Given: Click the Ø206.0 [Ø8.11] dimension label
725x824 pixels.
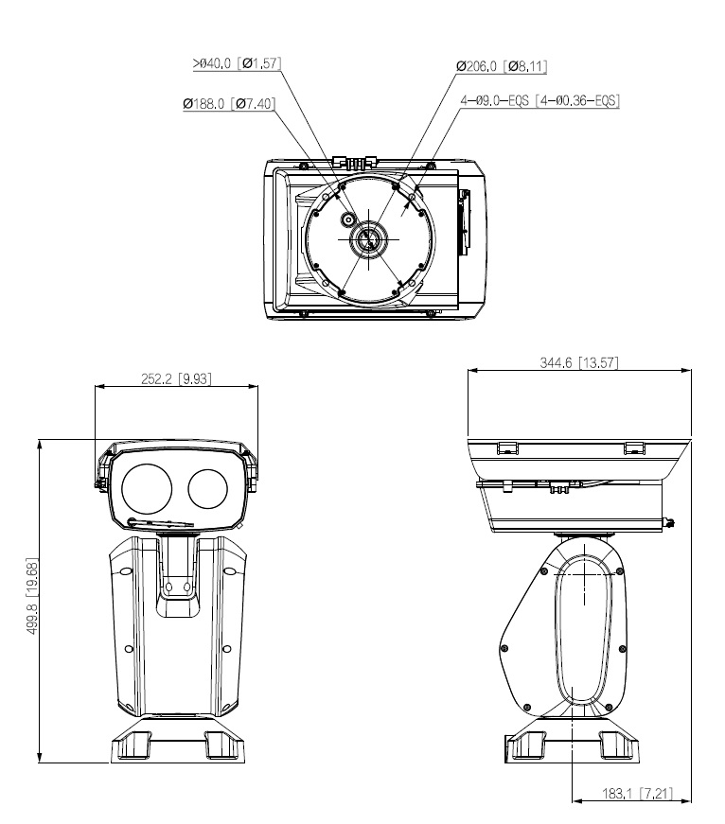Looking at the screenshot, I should [502, 67].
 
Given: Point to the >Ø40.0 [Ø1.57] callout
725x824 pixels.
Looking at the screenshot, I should [237, 63].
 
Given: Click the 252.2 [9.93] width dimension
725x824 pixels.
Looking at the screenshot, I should [176, 378].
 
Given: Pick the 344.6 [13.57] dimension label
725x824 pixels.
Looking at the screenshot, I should [579, 362].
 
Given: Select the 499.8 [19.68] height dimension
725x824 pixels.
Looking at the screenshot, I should [33, 599].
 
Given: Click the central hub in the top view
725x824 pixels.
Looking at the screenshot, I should [365, 238].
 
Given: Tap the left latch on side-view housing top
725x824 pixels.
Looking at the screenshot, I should [508, 446].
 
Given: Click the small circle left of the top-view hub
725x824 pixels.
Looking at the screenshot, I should [348, 219].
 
